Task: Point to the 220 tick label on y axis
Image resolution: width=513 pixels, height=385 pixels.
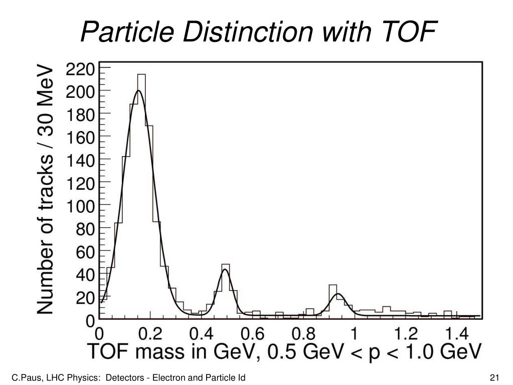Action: click(x=81, y=69)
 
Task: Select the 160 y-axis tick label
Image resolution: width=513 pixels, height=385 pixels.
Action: click(x=81, y=138)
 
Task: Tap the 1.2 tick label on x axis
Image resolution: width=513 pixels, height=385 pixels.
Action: click(x=405, y=333)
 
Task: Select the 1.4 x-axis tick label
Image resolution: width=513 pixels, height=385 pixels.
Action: click(x=455, y=333)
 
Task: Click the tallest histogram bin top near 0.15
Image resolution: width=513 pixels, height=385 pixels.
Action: click(x=141, y=75)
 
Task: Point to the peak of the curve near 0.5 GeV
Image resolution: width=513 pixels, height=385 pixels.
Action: click(x=225, y=270)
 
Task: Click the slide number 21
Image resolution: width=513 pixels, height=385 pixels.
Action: click(x=496, y=377)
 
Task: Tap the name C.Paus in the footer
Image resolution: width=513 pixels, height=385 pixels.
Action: click(x=25, y=377)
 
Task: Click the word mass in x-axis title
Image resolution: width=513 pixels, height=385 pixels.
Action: click(x=167, y=352)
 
